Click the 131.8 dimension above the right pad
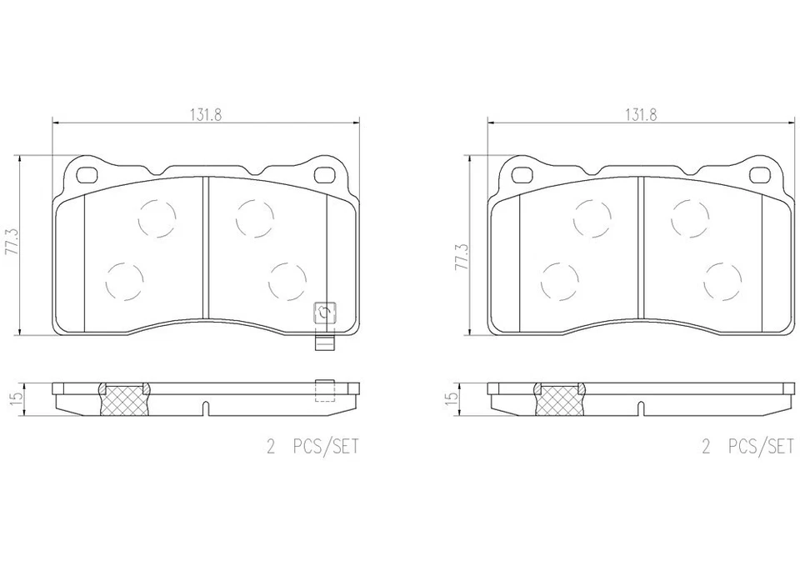click(642, 116)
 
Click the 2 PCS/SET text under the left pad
click(312, 448)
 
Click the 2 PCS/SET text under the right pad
click(747, 448)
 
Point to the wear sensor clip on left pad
click(324, 318)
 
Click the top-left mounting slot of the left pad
click(87, 175)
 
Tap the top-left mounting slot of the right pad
click(522, 175)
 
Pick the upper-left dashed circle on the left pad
click(157, 219)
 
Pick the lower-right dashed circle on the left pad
click(287, 281)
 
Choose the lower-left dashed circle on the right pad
click(559, 281)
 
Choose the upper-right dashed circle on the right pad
click(690, 219)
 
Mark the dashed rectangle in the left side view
click(325, 391)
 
